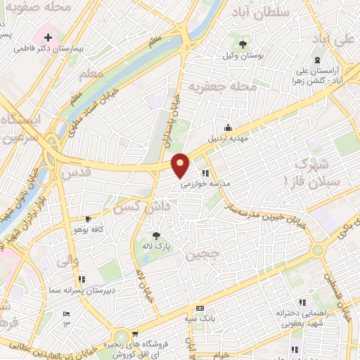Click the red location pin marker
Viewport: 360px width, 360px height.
pyautogui.click(x=181, y=165)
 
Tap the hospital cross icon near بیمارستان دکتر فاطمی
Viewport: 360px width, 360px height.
pyautogui.click(x=47, y=37)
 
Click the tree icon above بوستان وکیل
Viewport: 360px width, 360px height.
pyautogui.click(x=243, y=44)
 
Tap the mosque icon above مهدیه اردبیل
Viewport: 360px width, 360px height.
pyautogui.click(x=227, y=127)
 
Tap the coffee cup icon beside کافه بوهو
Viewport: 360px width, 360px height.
pyautogui.click(x=87, y=219)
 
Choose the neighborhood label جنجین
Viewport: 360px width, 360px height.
pyautogui.click(x=202, y=254)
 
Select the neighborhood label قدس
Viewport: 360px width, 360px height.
pyautogui.click(x=77, y=171)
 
